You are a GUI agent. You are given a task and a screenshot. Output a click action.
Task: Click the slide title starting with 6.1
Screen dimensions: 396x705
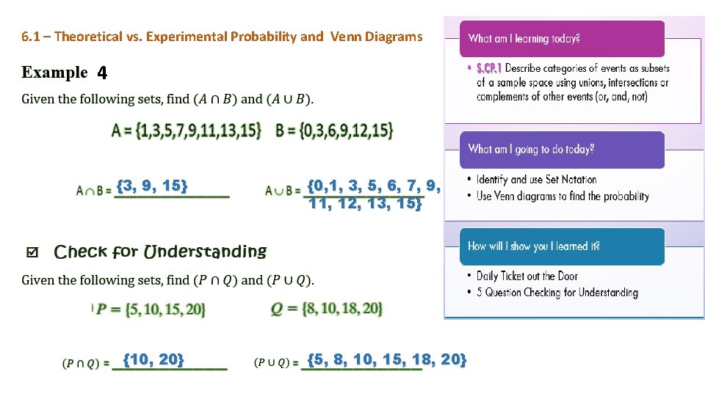tap(222, 36)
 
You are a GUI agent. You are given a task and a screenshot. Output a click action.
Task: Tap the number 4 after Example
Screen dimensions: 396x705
tap(101, 73)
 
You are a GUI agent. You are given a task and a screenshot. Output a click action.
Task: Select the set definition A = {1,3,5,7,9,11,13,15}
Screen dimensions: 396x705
tap(187, 131)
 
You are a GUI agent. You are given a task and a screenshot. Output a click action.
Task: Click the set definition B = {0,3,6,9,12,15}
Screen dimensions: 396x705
tap(334, 131)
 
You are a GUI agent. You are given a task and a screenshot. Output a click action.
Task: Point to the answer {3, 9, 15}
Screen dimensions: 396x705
tap(152, 186)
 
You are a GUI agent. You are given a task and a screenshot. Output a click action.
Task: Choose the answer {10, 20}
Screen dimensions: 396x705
tap(153, 359)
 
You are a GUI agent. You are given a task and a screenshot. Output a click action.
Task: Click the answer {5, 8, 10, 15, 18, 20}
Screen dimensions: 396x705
tap(386, 359)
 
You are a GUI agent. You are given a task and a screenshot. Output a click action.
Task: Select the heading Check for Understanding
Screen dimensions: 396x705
tap(160, 252)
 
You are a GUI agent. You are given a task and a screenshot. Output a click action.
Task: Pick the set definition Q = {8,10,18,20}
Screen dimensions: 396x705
tap(327, 309)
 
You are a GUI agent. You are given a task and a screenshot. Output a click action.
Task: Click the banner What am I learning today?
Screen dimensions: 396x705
tap(562, 39)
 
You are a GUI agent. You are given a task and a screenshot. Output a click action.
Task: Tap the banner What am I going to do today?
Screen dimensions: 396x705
tap(562, 150)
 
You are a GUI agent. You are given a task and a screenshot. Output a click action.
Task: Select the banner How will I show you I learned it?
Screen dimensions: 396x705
tap(562, 246)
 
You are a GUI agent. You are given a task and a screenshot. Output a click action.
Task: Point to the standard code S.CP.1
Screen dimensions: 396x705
tap(488, 68)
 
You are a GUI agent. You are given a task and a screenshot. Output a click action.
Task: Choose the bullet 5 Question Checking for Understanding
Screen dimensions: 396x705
tap(557, 293)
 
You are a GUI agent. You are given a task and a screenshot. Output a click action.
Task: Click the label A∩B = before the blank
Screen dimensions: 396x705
tap(94, 191)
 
